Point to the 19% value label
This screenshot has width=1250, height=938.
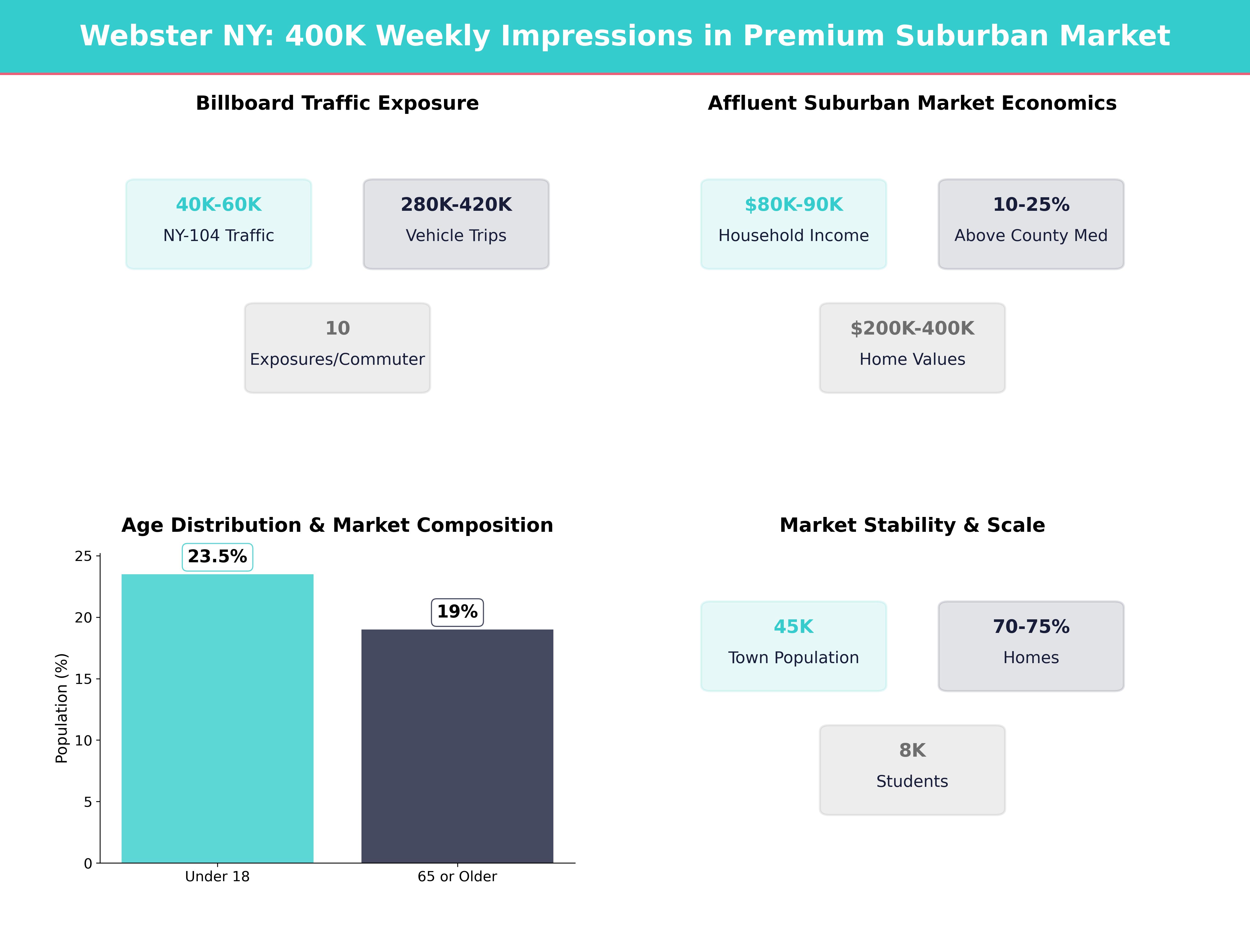pyautogui.click(x=457, y=612)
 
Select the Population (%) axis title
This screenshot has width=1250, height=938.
pyautogui.click(x=62, y=708)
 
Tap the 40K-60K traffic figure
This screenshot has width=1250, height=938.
pyautogui.click(x=219, y=205)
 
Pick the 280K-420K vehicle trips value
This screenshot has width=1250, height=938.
pyautogui.click(x=456, y=205)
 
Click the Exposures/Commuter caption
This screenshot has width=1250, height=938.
pyautogui.click(x=337, y=360)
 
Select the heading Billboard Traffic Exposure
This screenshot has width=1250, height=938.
pyautogui.click(x=337, y=103)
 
